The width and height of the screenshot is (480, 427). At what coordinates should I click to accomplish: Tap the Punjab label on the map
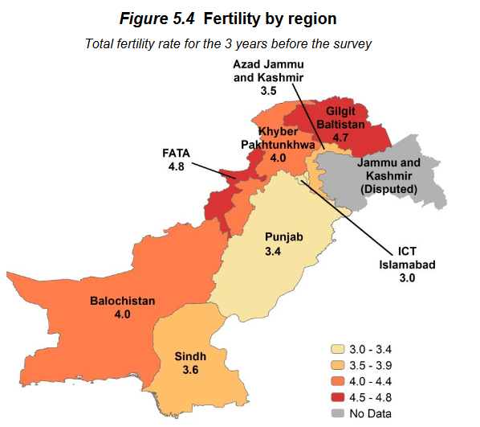point(284,237)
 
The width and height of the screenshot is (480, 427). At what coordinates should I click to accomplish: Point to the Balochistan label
point(122,301)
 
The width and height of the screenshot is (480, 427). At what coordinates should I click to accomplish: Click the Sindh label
point(190,355)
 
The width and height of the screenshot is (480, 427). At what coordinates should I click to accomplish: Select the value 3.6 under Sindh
point(190,370)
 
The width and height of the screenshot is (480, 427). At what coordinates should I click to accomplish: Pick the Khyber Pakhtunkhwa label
point(279,138)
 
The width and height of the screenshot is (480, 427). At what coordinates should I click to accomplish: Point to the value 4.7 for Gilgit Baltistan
point(341,138)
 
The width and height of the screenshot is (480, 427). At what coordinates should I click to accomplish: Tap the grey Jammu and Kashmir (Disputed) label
point(388,176)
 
